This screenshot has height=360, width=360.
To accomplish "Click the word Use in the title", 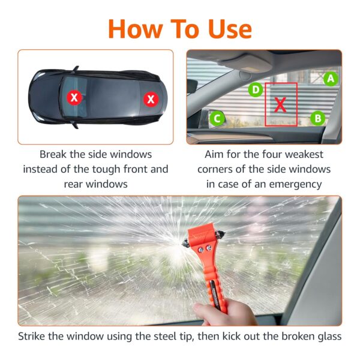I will tap(222, 28).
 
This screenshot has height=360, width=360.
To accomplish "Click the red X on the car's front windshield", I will tap(150, 98).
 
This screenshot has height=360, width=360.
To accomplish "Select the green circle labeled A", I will tap(331, 78).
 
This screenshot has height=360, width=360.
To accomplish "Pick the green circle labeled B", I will tap(318, 118).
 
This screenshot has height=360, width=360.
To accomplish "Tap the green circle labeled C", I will tap(217, 118).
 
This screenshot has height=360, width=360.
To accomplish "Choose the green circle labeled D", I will tap(256, 90).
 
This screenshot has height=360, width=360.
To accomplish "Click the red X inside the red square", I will tap(280, 104).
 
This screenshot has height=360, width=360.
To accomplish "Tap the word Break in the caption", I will tap(55, 154).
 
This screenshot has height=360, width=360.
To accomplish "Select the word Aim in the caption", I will tap(215, 154).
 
